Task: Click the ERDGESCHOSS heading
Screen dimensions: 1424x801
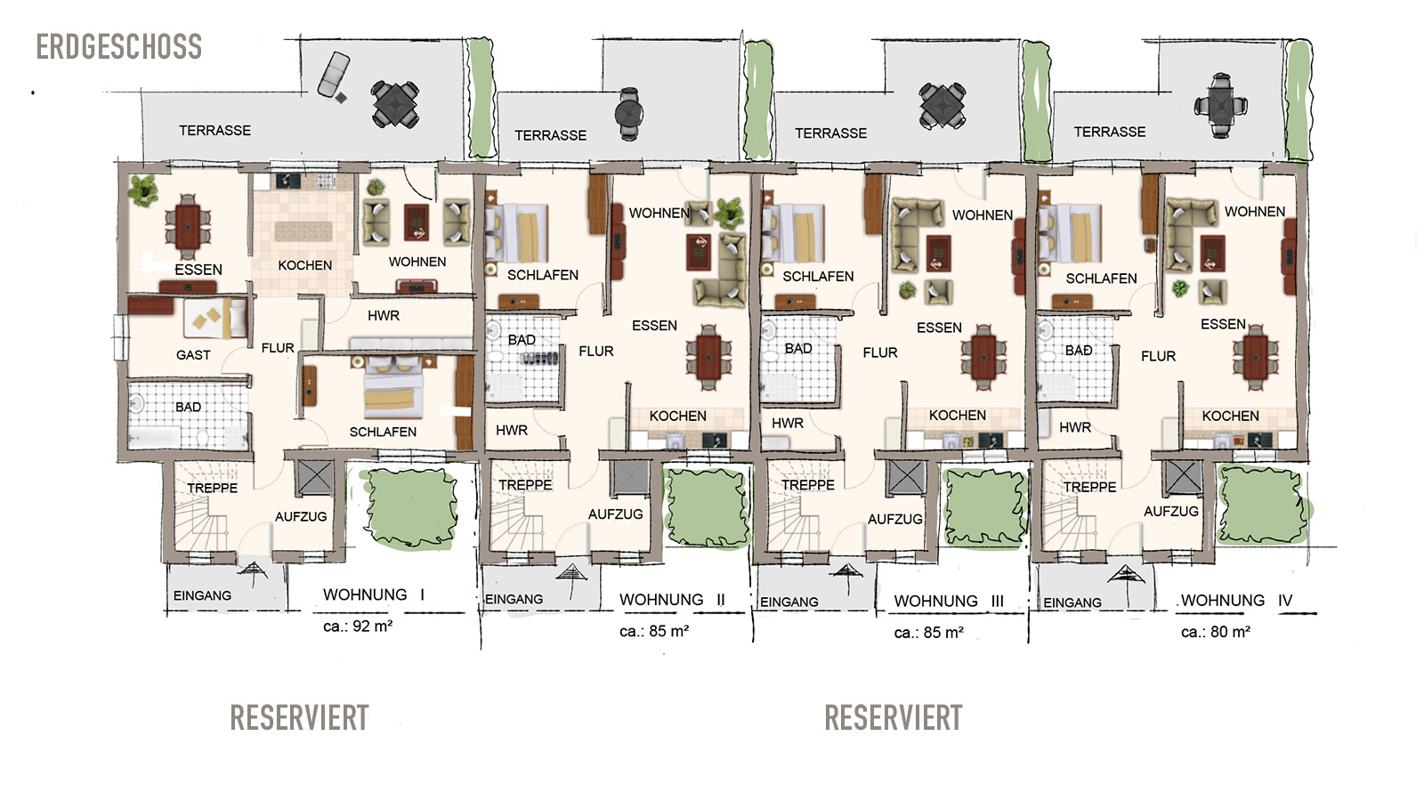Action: (x=119, y=47)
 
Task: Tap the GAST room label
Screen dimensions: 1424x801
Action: (x=193, y=355)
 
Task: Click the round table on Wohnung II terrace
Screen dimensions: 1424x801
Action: (x=629, y=115)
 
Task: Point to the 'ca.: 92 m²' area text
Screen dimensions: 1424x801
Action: (x=358, y=627)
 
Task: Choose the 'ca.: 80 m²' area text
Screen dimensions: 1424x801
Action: (x=1216, y=632)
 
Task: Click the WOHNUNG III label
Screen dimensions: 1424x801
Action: (x=949, y=601)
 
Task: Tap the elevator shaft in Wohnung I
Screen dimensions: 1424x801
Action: (x=315, y=477)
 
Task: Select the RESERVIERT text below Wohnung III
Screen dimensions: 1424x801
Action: (x=894, y=718)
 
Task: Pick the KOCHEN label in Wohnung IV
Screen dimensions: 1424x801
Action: (x=1230, y=416)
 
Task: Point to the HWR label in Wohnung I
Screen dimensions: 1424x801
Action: (x=384, y=315)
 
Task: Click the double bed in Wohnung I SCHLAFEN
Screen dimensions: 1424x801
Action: (x=393, y=385)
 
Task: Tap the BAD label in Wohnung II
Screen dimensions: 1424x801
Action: (x=522, y=340)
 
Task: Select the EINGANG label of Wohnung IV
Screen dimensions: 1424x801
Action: (x=1072, y=602)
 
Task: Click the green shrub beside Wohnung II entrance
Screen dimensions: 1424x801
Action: (x=707, y=507)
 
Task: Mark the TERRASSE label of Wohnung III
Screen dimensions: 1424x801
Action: (x=831, y=133)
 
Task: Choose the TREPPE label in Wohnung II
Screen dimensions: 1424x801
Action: (x=525, y=485)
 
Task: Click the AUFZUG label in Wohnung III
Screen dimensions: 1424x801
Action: (x=895, y=520)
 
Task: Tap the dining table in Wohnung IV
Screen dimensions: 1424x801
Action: (x=1256, y=357)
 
